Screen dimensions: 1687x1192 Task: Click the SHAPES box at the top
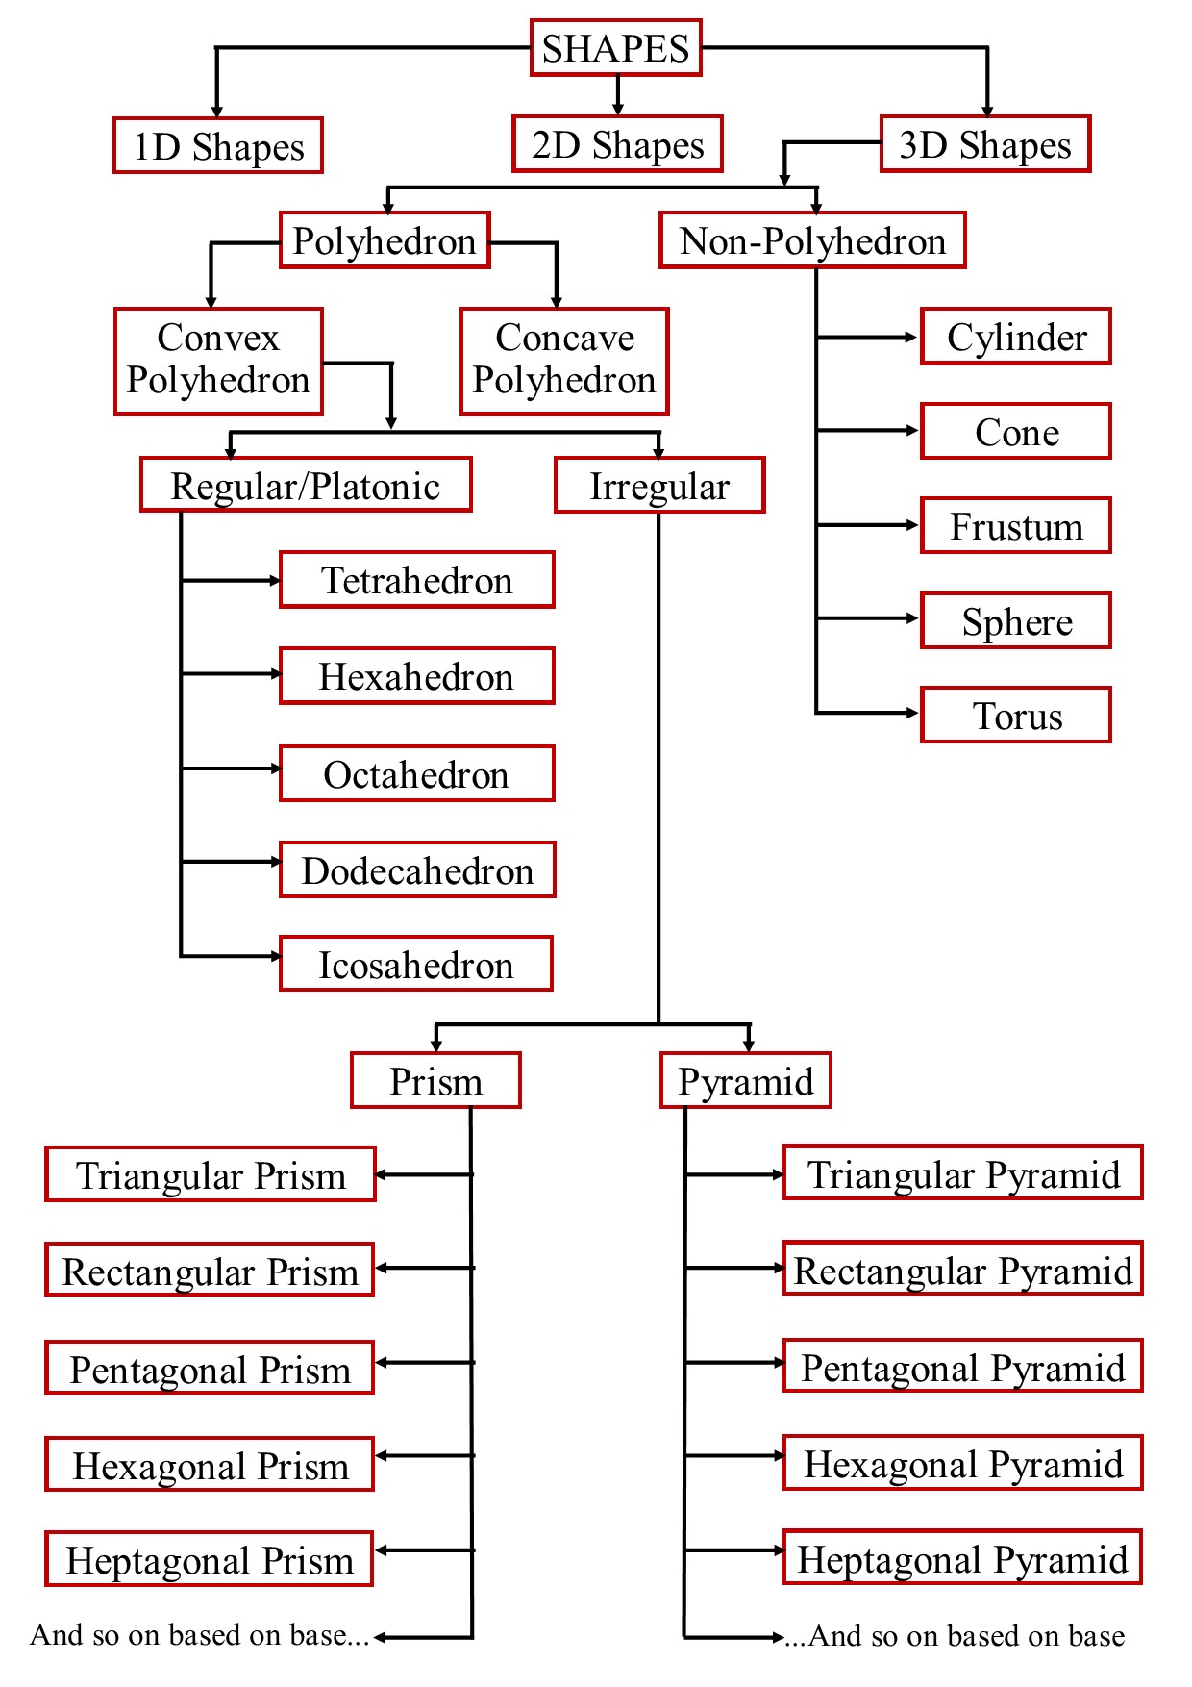point(615,48)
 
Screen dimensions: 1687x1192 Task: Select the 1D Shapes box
point(218,146)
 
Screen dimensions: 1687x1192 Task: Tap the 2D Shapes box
point(617,144)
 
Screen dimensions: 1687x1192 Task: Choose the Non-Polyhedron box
point(812,240)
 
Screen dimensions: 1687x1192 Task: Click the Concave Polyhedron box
point(564,361)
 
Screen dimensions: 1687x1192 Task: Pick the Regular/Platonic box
point(306,485)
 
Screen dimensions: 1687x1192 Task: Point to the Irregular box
point(659,485)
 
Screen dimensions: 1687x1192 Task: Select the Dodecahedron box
point(417,869)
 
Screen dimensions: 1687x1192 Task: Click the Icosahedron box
point(416,964)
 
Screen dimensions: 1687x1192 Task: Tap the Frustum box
point(1016,526)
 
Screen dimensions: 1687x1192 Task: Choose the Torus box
point(1016,715)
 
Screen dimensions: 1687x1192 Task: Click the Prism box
point(435,1080)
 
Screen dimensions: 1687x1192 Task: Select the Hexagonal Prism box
point(210,1465)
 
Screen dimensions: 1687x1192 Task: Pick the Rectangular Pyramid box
point(962,1270)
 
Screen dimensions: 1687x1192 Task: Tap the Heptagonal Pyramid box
point(962,1557)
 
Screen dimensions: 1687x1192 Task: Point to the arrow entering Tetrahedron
point(231,581)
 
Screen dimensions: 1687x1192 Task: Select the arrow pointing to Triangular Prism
point(423,1174)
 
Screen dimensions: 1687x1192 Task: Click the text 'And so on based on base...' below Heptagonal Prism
point(200,1635)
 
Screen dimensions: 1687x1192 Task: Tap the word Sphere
point(1016,621)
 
